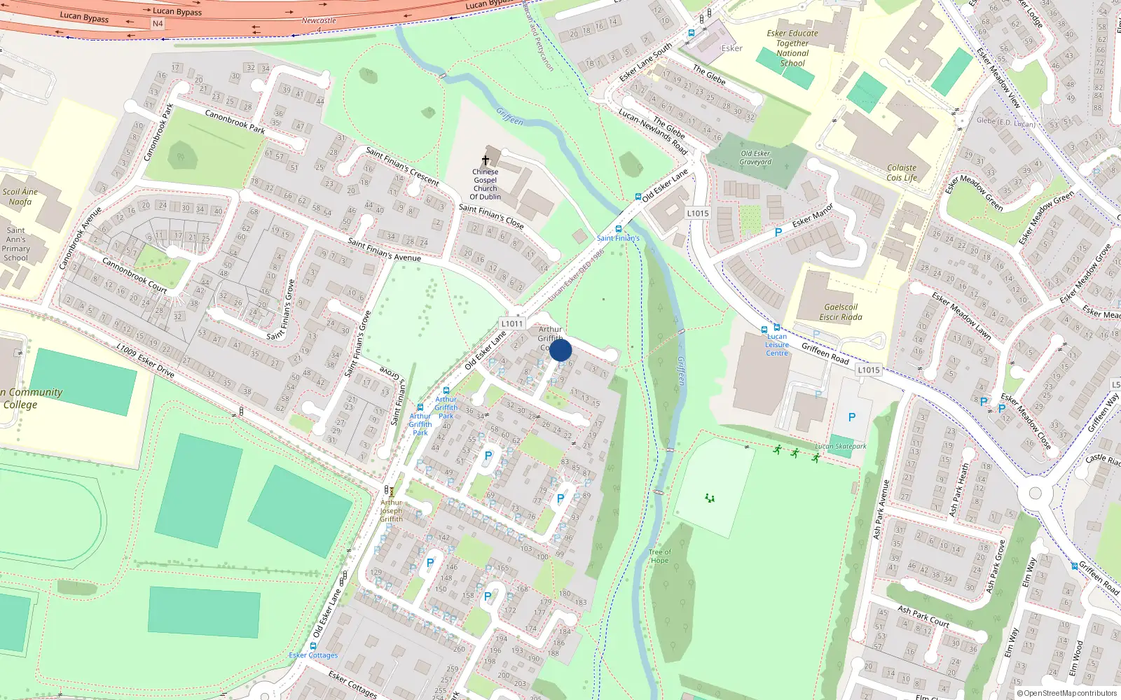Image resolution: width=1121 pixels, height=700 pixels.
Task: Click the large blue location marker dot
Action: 560,350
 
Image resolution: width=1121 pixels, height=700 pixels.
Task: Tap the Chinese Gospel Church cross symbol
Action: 485,160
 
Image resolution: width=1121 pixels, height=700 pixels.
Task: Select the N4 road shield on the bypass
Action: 158,24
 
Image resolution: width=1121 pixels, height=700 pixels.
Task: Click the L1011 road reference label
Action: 512,323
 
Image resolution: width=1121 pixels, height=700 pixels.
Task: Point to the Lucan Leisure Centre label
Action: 776,344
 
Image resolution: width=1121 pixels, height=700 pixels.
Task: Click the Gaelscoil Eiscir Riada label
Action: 841,312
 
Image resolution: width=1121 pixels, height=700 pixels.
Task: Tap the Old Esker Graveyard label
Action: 755,157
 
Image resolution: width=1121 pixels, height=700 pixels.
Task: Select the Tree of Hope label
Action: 659,556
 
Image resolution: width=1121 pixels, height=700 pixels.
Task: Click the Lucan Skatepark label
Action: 841,446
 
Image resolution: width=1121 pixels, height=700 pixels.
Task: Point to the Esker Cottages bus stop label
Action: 313,655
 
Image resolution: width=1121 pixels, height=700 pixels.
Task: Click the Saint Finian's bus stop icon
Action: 618,229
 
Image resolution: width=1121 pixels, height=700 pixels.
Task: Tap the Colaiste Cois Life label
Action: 902,173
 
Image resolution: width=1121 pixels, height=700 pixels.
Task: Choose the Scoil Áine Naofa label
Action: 20,197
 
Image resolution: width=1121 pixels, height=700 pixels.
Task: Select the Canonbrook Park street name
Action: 235,121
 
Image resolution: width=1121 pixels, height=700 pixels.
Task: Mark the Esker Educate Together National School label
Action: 792,48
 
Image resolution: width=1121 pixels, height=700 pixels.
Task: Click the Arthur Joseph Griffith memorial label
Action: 391,510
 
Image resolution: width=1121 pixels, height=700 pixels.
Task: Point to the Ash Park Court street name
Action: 923,616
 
